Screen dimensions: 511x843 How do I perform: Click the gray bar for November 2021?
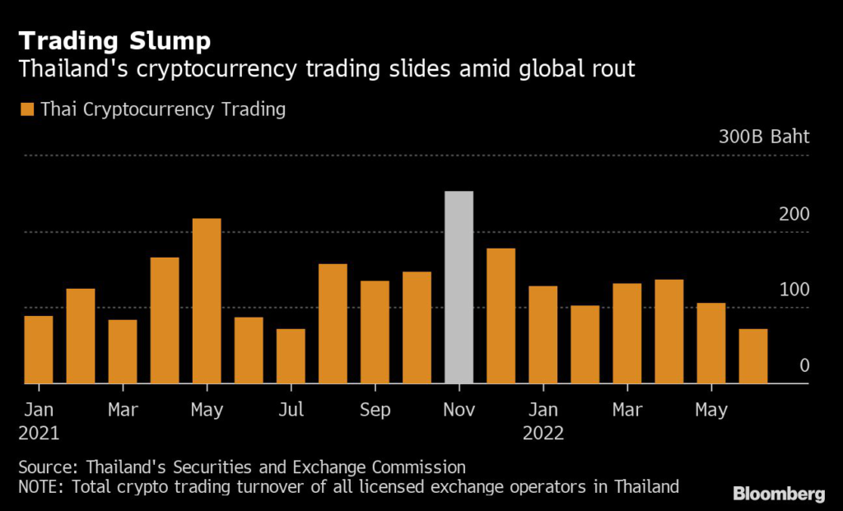459,287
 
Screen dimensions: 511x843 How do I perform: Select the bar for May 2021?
207,301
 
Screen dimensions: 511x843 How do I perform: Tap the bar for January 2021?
39,350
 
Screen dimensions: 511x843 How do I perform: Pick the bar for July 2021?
291,356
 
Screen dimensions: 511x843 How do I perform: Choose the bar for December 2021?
501,316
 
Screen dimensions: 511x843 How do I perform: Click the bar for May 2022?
711,343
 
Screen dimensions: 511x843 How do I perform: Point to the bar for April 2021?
165,321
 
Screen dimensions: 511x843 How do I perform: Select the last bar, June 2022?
753,356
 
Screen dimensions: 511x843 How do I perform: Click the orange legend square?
27,109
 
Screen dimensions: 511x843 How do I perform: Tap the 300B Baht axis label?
764,137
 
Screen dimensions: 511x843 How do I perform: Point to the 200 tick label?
794,214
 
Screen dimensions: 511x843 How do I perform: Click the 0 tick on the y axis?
804,365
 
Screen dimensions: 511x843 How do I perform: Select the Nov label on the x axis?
459,409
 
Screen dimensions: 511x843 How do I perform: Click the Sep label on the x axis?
375,409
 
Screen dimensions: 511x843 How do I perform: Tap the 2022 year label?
543,434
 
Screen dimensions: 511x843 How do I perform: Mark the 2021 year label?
39,434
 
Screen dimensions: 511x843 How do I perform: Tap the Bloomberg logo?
779,494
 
